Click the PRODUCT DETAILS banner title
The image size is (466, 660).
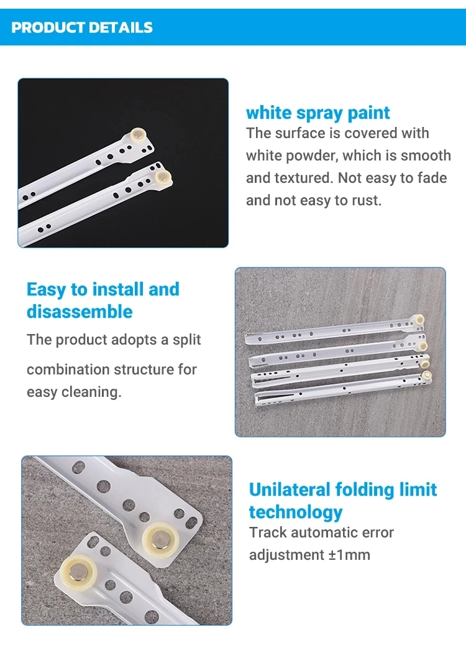pyautogui.click(x=82, y=27)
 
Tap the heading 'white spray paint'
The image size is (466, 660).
pyautogui.click(x=318, y=113)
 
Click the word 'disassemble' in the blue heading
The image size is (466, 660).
pyautogui.click(x=80, y=312)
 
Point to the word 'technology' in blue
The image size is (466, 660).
pyautogui.click(x=296, y=512)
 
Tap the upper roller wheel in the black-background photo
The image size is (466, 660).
pyautogui.click(x=139, y=136)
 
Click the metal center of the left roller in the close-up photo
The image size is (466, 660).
pyautogui.click(x=77, y=571)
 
